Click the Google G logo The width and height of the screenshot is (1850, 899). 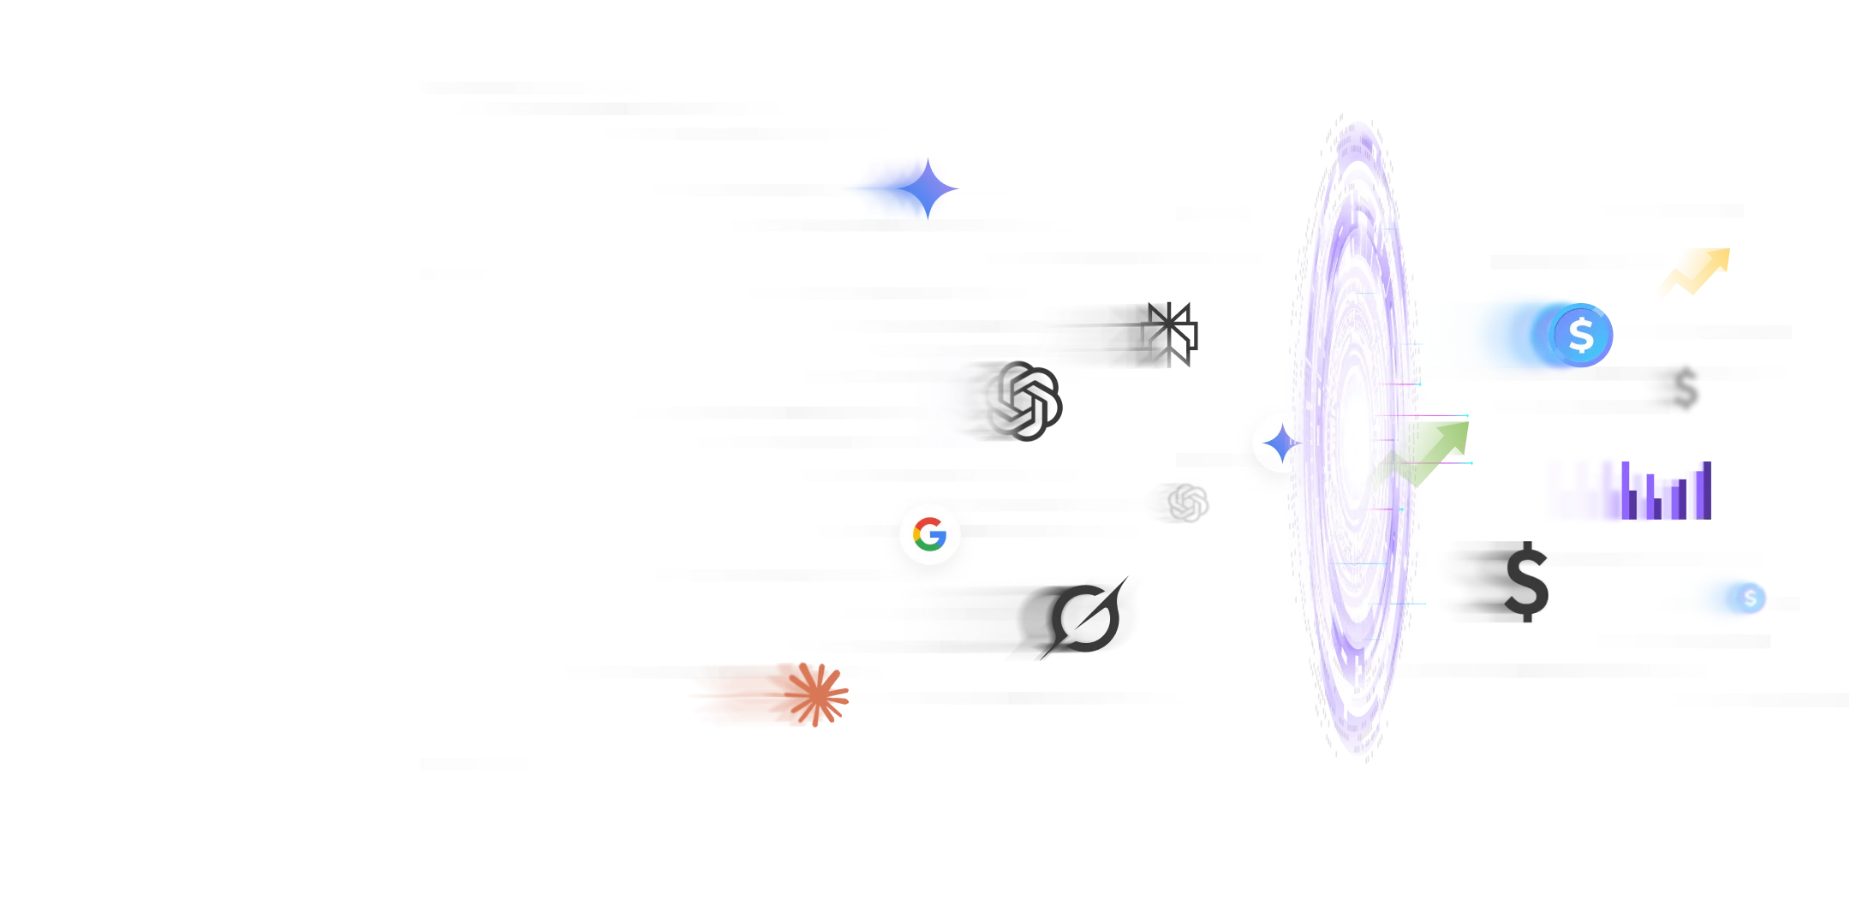pyautogui.click(x=929, y=534)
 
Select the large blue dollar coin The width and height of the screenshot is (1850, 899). pyautogui.click(x=1580, y=335)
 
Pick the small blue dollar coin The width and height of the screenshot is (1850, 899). pyautogui.click(x=1750, y=598)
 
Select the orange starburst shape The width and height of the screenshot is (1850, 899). pyautogui.click(x=767, y=698)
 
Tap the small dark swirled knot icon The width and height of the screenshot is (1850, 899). pyautogui.click(x=1178, y=501)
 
